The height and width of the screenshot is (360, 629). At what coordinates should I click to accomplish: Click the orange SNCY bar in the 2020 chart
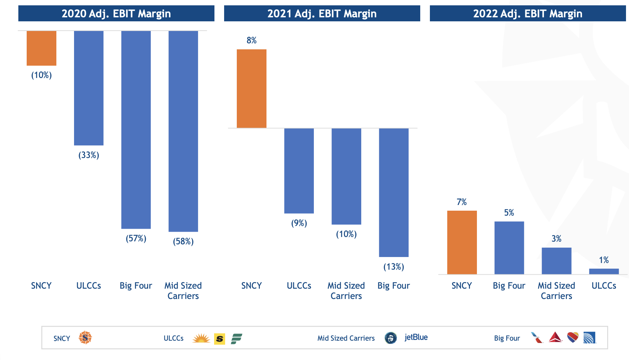[41, 48]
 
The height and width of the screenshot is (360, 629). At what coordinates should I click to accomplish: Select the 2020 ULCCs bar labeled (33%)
[89, 88]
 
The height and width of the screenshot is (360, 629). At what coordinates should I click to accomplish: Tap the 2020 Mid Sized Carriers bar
[183, 131]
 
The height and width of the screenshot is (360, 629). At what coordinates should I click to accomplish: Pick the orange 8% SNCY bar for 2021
[251, 89]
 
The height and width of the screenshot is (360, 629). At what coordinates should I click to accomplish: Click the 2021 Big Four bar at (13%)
[394, 192]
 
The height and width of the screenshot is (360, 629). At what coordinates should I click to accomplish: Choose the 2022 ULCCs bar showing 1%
[604, 271]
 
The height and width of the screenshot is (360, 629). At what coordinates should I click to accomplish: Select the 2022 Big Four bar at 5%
[509, 248]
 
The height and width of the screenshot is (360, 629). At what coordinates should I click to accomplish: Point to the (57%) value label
[136, 238]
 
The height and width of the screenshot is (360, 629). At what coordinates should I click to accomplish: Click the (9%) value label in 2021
[299, 223]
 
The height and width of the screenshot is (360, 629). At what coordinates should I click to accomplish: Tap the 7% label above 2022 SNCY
[462, 202]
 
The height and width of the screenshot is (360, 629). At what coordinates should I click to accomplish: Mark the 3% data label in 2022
[556, 239]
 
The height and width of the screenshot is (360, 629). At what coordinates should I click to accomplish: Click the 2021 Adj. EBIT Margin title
[322, 14]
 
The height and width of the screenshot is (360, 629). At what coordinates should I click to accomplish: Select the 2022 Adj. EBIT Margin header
[528, 14]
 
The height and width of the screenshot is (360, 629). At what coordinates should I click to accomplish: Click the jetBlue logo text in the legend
[416, 337]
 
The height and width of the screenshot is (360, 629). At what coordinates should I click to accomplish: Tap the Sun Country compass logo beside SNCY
[85, 338]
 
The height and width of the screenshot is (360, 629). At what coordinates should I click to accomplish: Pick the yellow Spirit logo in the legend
[219, 339]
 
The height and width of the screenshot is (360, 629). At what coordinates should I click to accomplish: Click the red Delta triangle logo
[555, 337]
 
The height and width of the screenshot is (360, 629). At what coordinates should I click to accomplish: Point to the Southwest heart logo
[573, 337]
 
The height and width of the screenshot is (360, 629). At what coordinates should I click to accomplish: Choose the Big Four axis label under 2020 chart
[136, 286]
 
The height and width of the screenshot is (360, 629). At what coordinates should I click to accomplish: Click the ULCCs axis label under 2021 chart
[299, 286]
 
